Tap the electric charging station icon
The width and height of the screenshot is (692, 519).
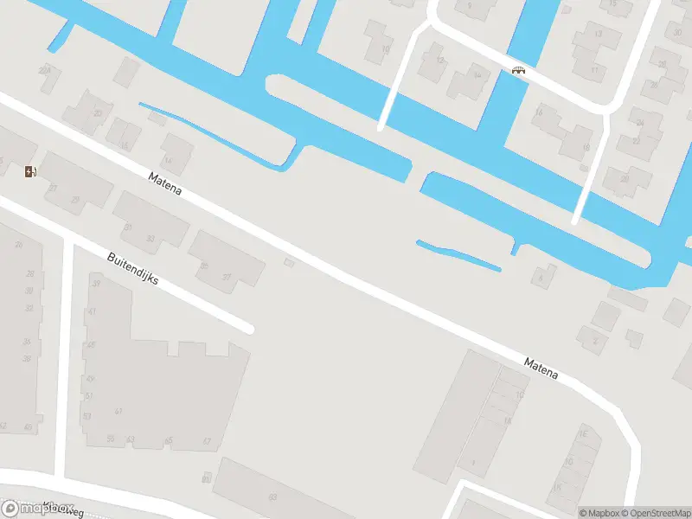click(31, 171)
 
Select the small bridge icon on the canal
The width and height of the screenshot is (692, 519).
click(518, 71)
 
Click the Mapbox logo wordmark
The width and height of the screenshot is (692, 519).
click(38, 509)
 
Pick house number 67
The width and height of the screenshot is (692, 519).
click(207, 441)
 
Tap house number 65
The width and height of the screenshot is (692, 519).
click(169, 440)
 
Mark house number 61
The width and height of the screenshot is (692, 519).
click(119, 412)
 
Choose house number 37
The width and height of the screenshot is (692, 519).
click(54, 188)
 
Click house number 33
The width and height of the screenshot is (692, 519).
click(150, 239)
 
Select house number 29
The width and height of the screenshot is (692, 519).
click(76, 201)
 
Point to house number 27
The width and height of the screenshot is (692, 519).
click(227, 278)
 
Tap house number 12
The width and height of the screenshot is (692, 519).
click(440, 60)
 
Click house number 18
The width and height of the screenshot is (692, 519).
click(586, 148)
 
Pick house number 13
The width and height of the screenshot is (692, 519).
click(599, 35)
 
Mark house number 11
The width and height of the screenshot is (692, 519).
click(594, 69)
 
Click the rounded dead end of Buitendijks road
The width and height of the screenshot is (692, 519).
click(249, 328)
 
